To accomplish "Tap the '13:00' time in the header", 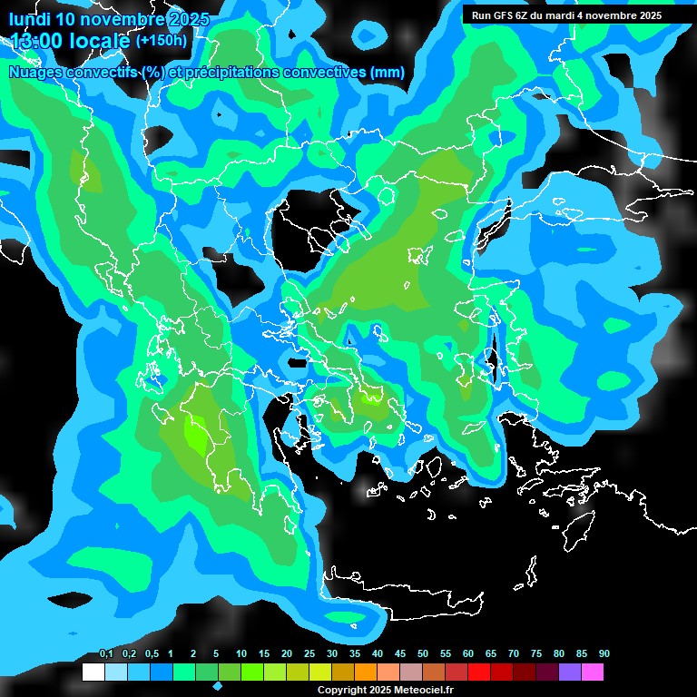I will coord(34,40).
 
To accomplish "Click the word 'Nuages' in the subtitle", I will coord(37,73).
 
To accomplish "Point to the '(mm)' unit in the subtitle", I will coord(388,73).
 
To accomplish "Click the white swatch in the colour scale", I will coord(93,672).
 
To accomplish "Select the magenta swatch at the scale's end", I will coord(593,672).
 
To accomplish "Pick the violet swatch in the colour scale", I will coord(570,672).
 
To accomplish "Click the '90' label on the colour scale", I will coord(604,654).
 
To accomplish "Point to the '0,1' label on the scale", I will coord(106,654).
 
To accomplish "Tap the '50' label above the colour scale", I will coord(423,654).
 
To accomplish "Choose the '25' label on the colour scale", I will coord(309,654).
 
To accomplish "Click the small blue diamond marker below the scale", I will coord(218,686).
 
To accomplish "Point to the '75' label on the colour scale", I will coord(536,654).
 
